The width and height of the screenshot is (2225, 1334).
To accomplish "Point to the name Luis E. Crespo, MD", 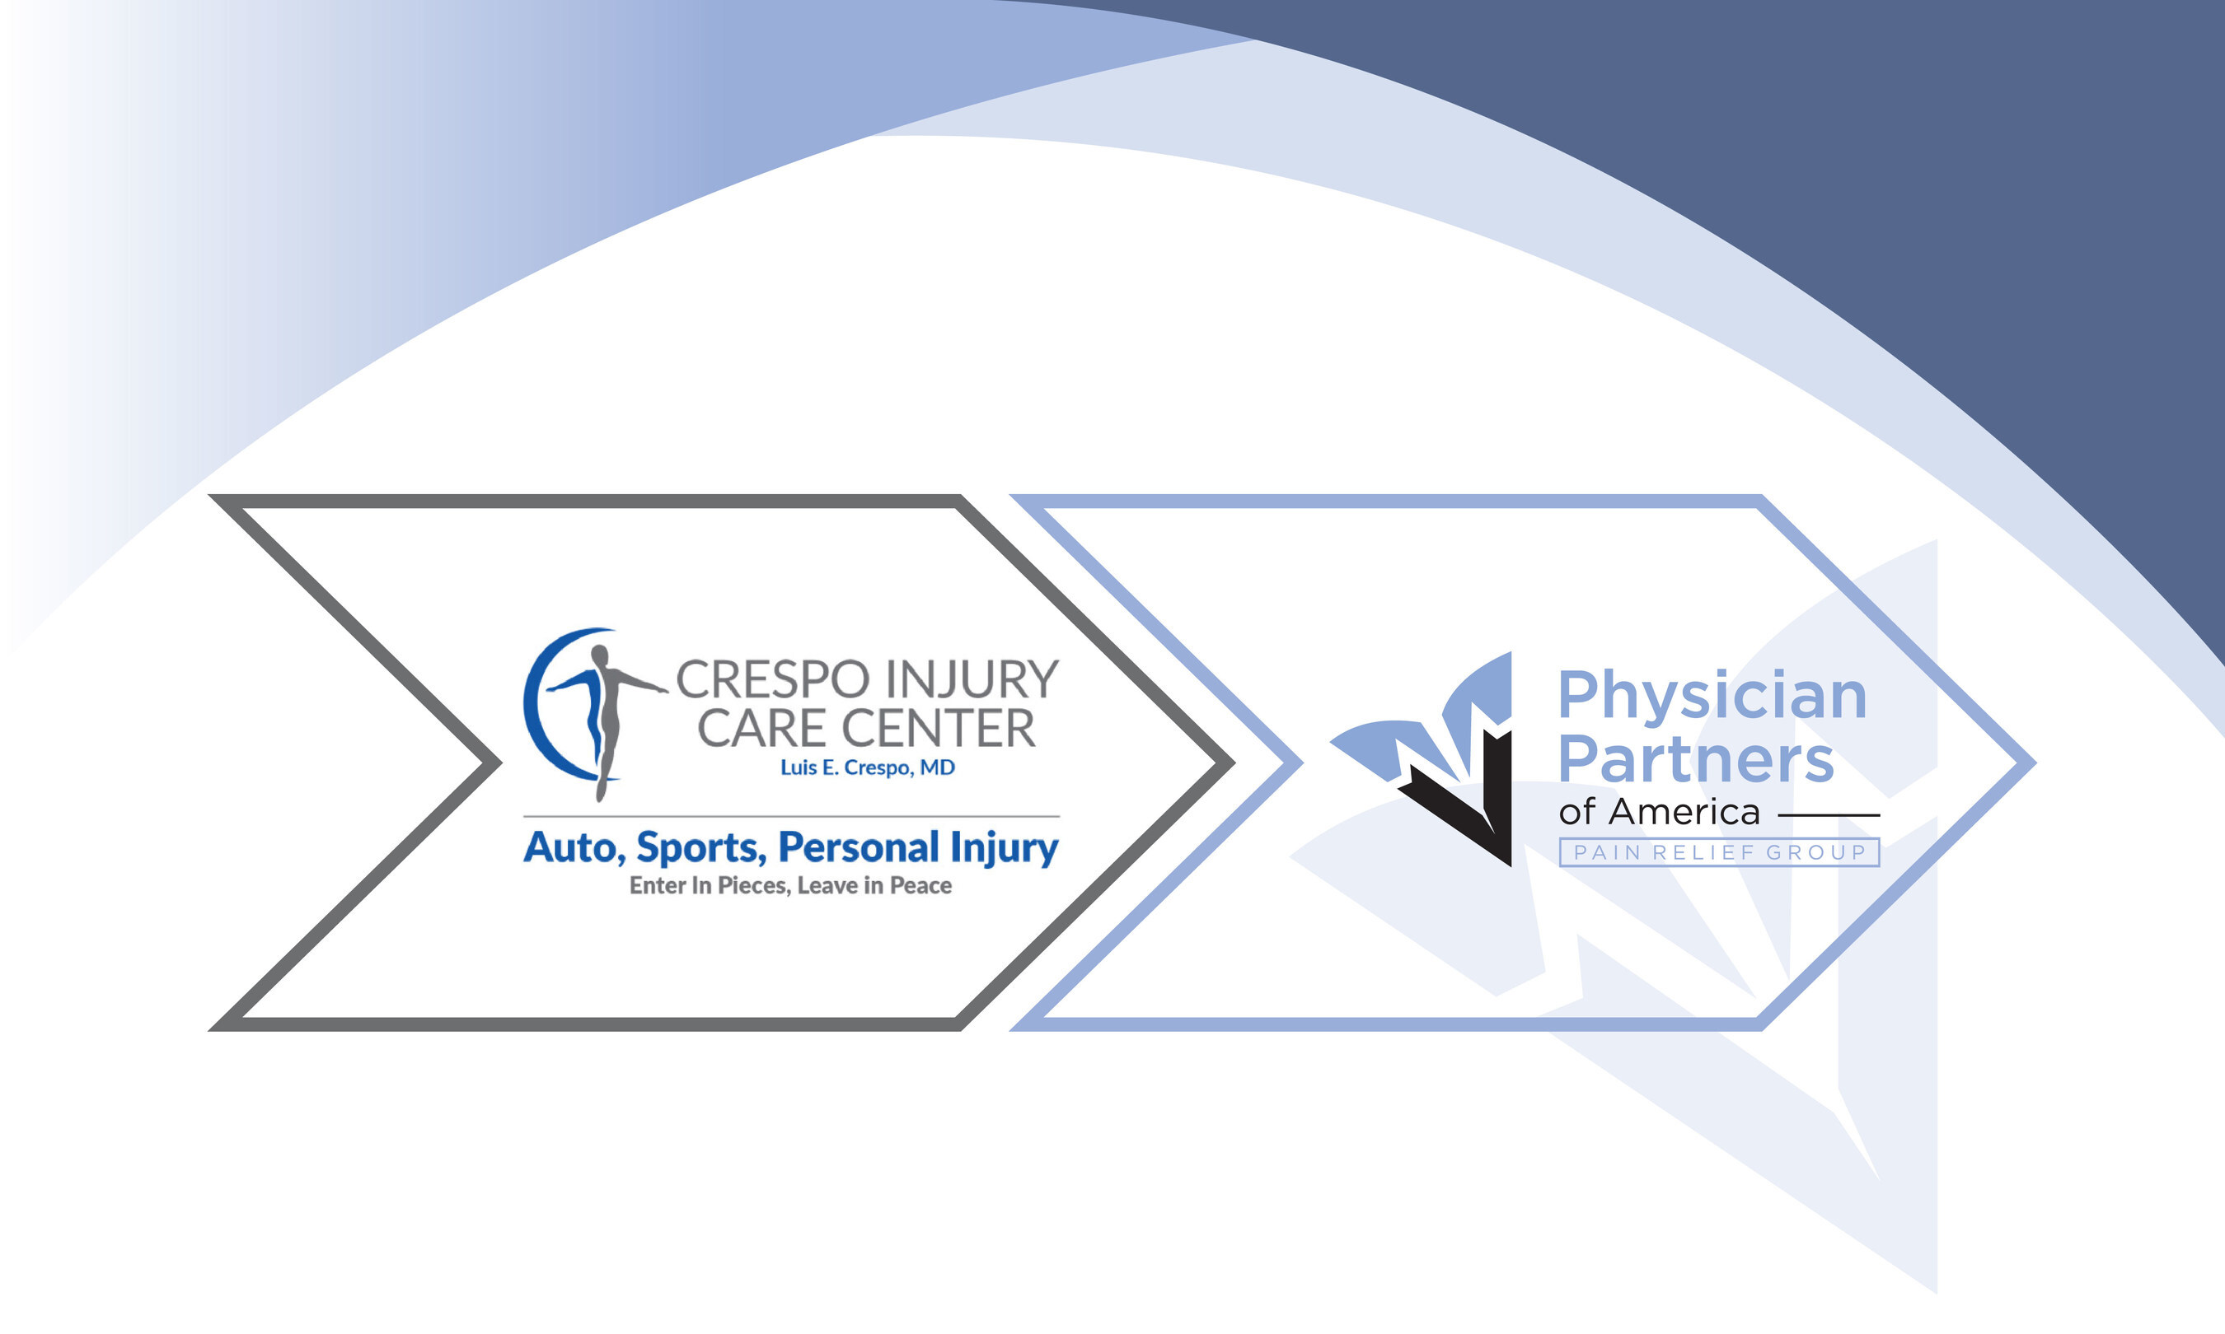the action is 867,767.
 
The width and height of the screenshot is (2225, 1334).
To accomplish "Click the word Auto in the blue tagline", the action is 574,847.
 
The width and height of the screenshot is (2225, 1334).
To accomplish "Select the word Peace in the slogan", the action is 921,885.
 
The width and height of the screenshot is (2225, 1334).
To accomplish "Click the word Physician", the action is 1712,697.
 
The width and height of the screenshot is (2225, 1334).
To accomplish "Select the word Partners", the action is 1695,759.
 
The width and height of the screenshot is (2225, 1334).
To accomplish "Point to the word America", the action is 1684,812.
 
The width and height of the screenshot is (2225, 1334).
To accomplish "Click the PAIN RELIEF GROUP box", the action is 1719,852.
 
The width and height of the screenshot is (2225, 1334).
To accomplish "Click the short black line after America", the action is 1829,815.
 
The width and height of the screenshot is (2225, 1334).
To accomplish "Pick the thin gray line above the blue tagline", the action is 791,816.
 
